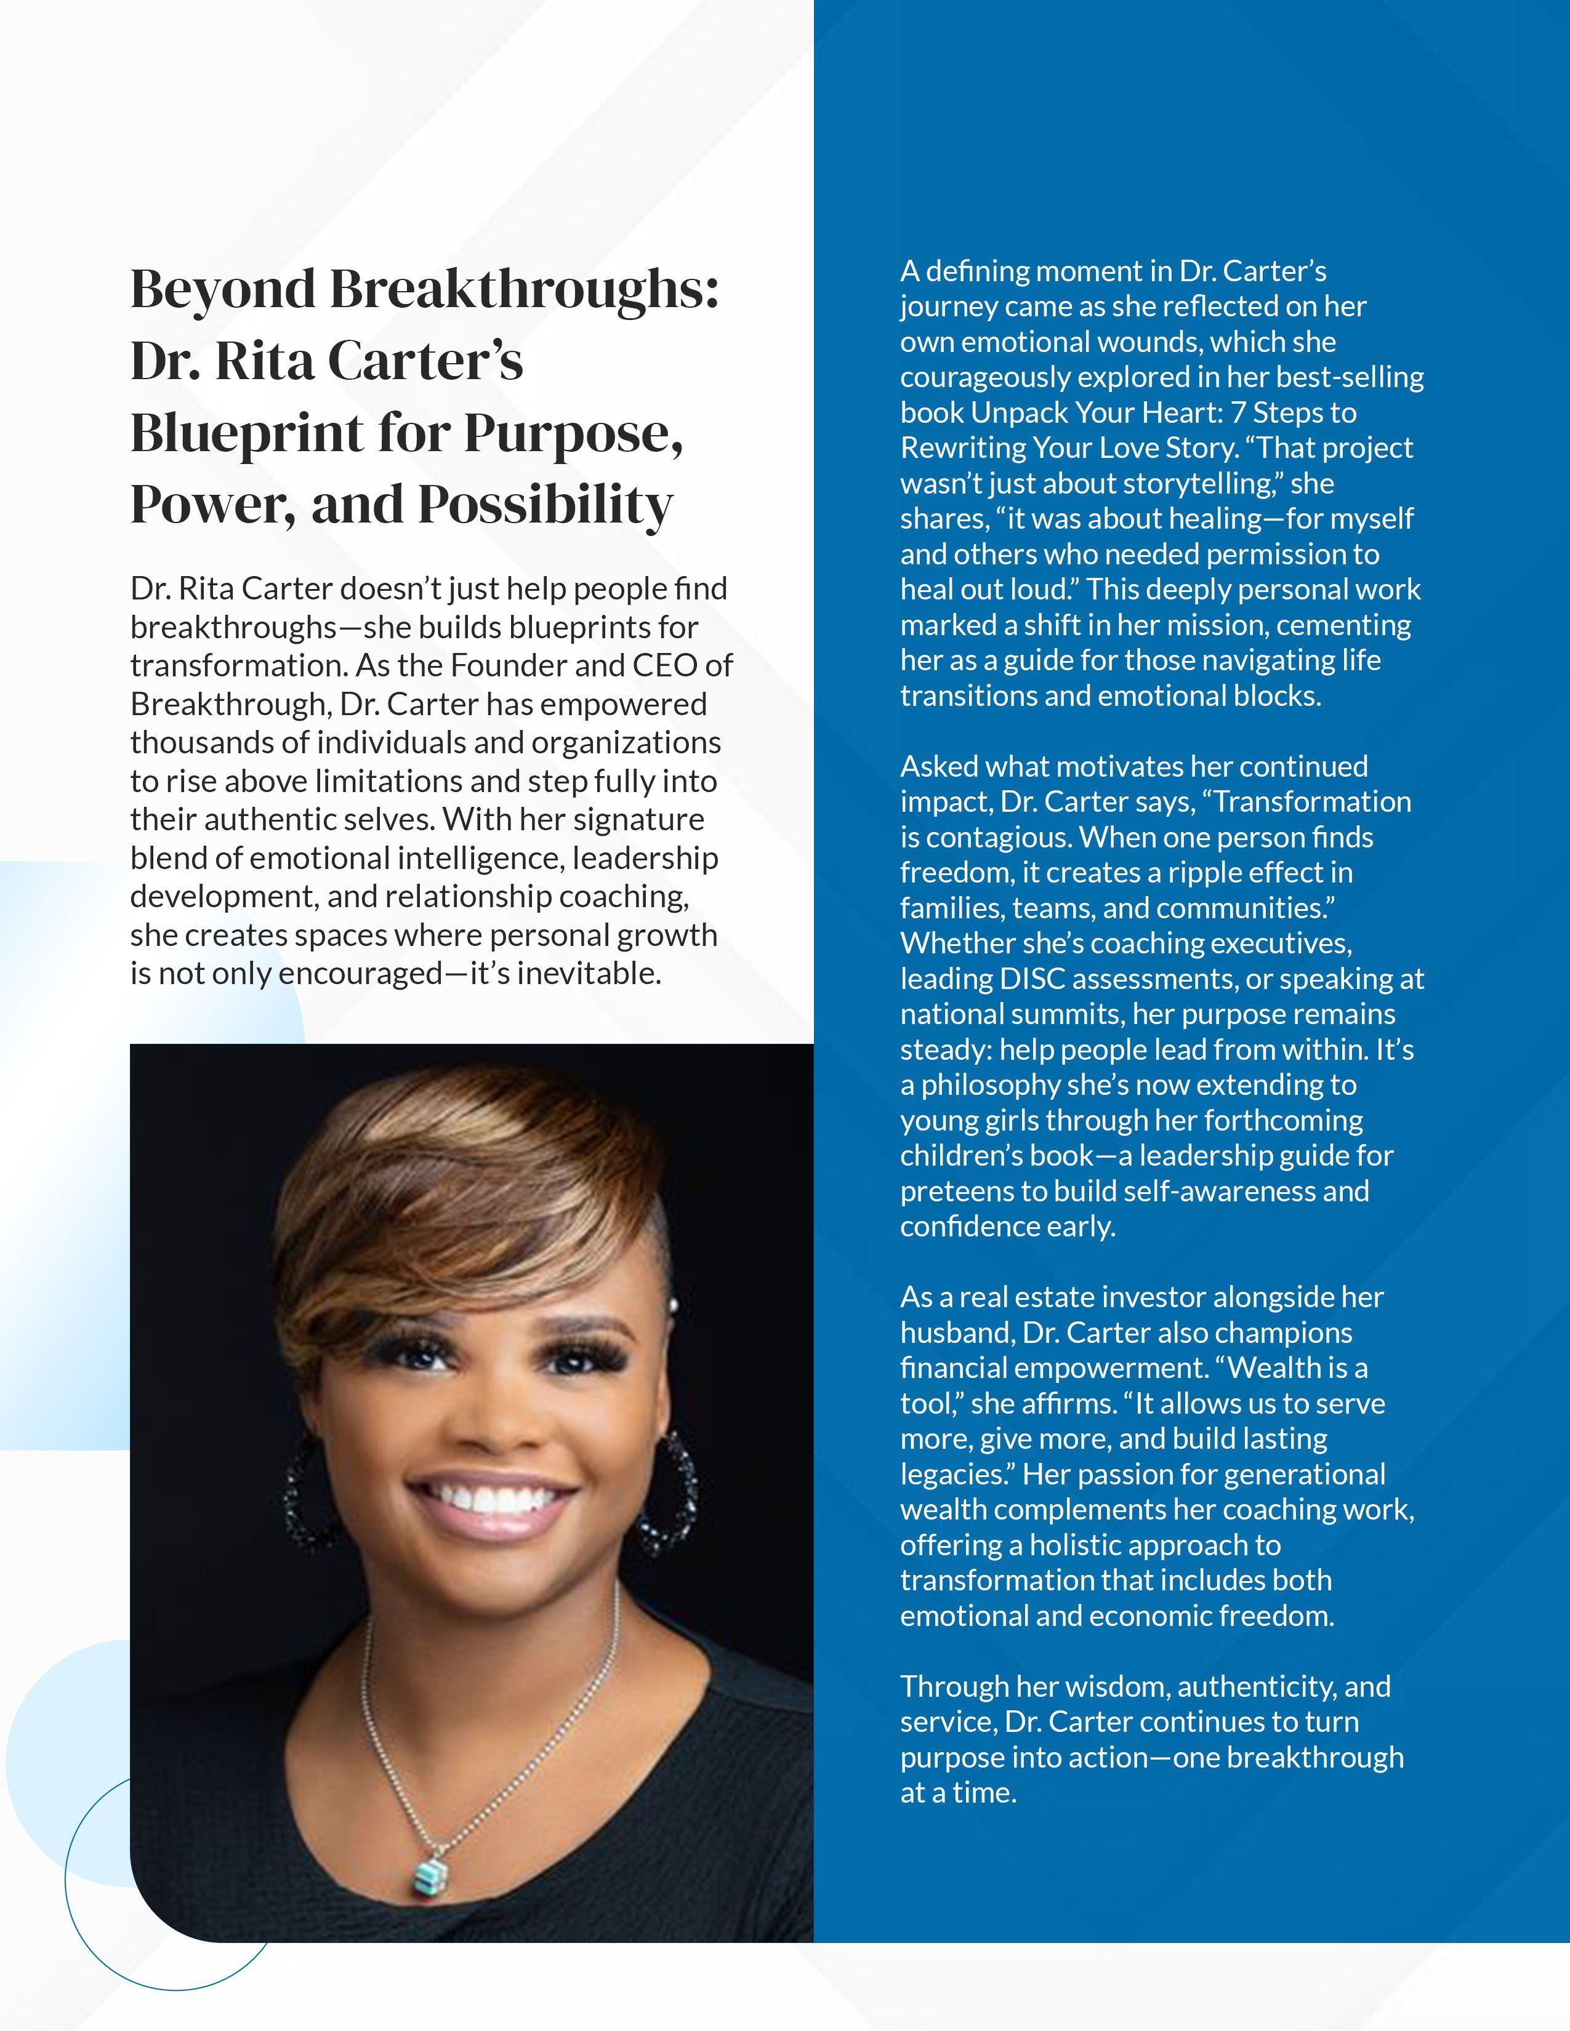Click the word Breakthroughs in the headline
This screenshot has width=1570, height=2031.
524,289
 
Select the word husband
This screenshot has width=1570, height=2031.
955,1332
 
